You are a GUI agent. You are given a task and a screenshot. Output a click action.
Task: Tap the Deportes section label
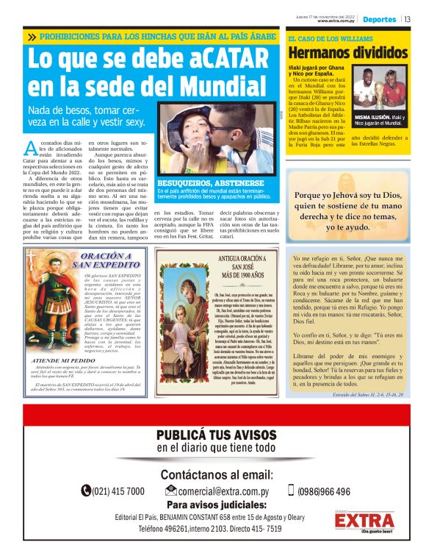[379, 19]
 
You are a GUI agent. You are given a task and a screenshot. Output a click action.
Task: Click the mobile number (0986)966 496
[324, 491]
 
